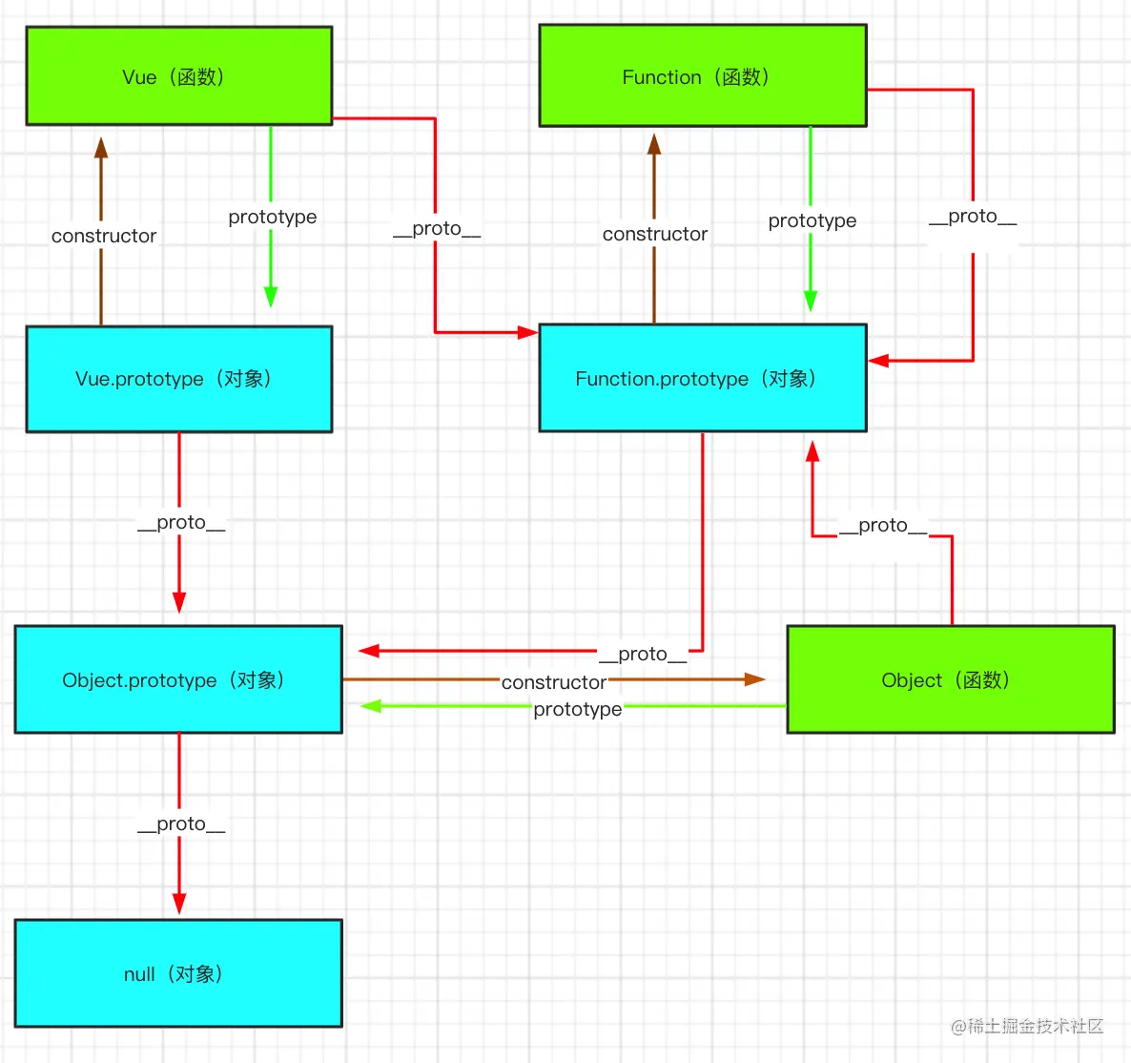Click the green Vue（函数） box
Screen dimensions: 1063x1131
click(x=179, y=76)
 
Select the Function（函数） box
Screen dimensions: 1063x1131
click(x=703, y=76)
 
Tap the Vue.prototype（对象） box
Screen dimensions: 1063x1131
click(x=179, y=379)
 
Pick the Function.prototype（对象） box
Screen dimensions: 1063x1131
click(x=703, y=378)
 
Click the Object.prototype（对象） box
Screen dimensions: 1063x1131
click(x=178, y=679)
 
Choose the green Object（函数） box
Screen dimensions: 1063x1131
click(x=950, y=679)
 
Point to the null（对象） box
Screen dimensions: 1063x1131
click(x=178, y=973)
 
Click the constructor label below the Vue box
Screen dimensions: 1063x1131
click(x=104, y=236)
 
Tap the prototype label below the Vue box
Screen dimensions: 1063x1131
click(x=273, y=217)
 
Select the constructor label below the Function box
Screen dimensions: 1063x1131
click(x=655, y=234)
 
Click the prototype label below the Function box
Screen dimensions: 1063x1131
click(x=812, y=220)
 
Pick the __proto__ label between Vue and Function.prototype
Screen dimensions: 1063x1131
click(x=437, y=229)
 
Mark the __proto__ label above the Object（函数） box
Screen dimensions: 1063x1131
click(x=883, y=525)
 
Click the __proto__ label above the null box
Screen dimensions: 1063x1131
click(x=181, y=823)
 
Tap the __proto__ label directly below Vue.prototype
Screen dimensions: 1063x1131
click(x=181, y=522)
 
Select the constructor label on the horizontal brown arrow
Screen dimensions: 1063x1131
click(x=554, y=682)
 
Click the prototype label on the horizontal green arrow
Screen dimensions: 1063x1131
click(x=578, y=709)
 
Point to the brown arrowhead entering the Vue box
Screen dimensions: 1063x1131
click(x=101, y=148)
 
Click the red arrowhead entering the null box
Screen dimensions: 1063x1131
click(x=179, y=904)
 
